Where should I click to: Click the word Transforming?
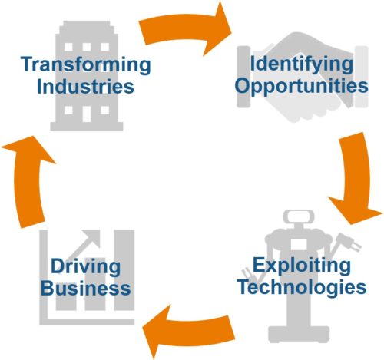tap(85, 65)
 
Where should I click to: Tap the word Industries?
tap(85, 87)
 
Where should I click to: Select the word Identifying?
tap(301, 64)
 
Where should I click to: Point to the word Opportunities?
tap(302, 87)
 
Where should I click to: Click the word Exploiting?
tap(302, 266)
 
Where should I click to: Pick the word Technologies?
tap(302, 288)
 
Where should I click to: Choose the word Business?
tap(86, 289)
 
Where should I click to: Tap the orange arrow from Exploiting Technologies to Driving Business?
tap(190, 330)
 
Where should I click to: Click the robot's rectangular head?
tap(299, 216)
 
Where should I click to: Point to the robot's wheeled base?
tap(299, 335)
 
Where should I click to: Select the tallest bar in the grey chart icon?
tap(124, 270)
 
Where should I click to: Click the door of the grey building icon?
tap(87, 114)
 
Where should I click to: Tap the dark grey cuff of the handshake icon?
tap(243, 77)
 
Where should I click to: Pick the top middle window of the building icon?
tap(87, 47)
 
